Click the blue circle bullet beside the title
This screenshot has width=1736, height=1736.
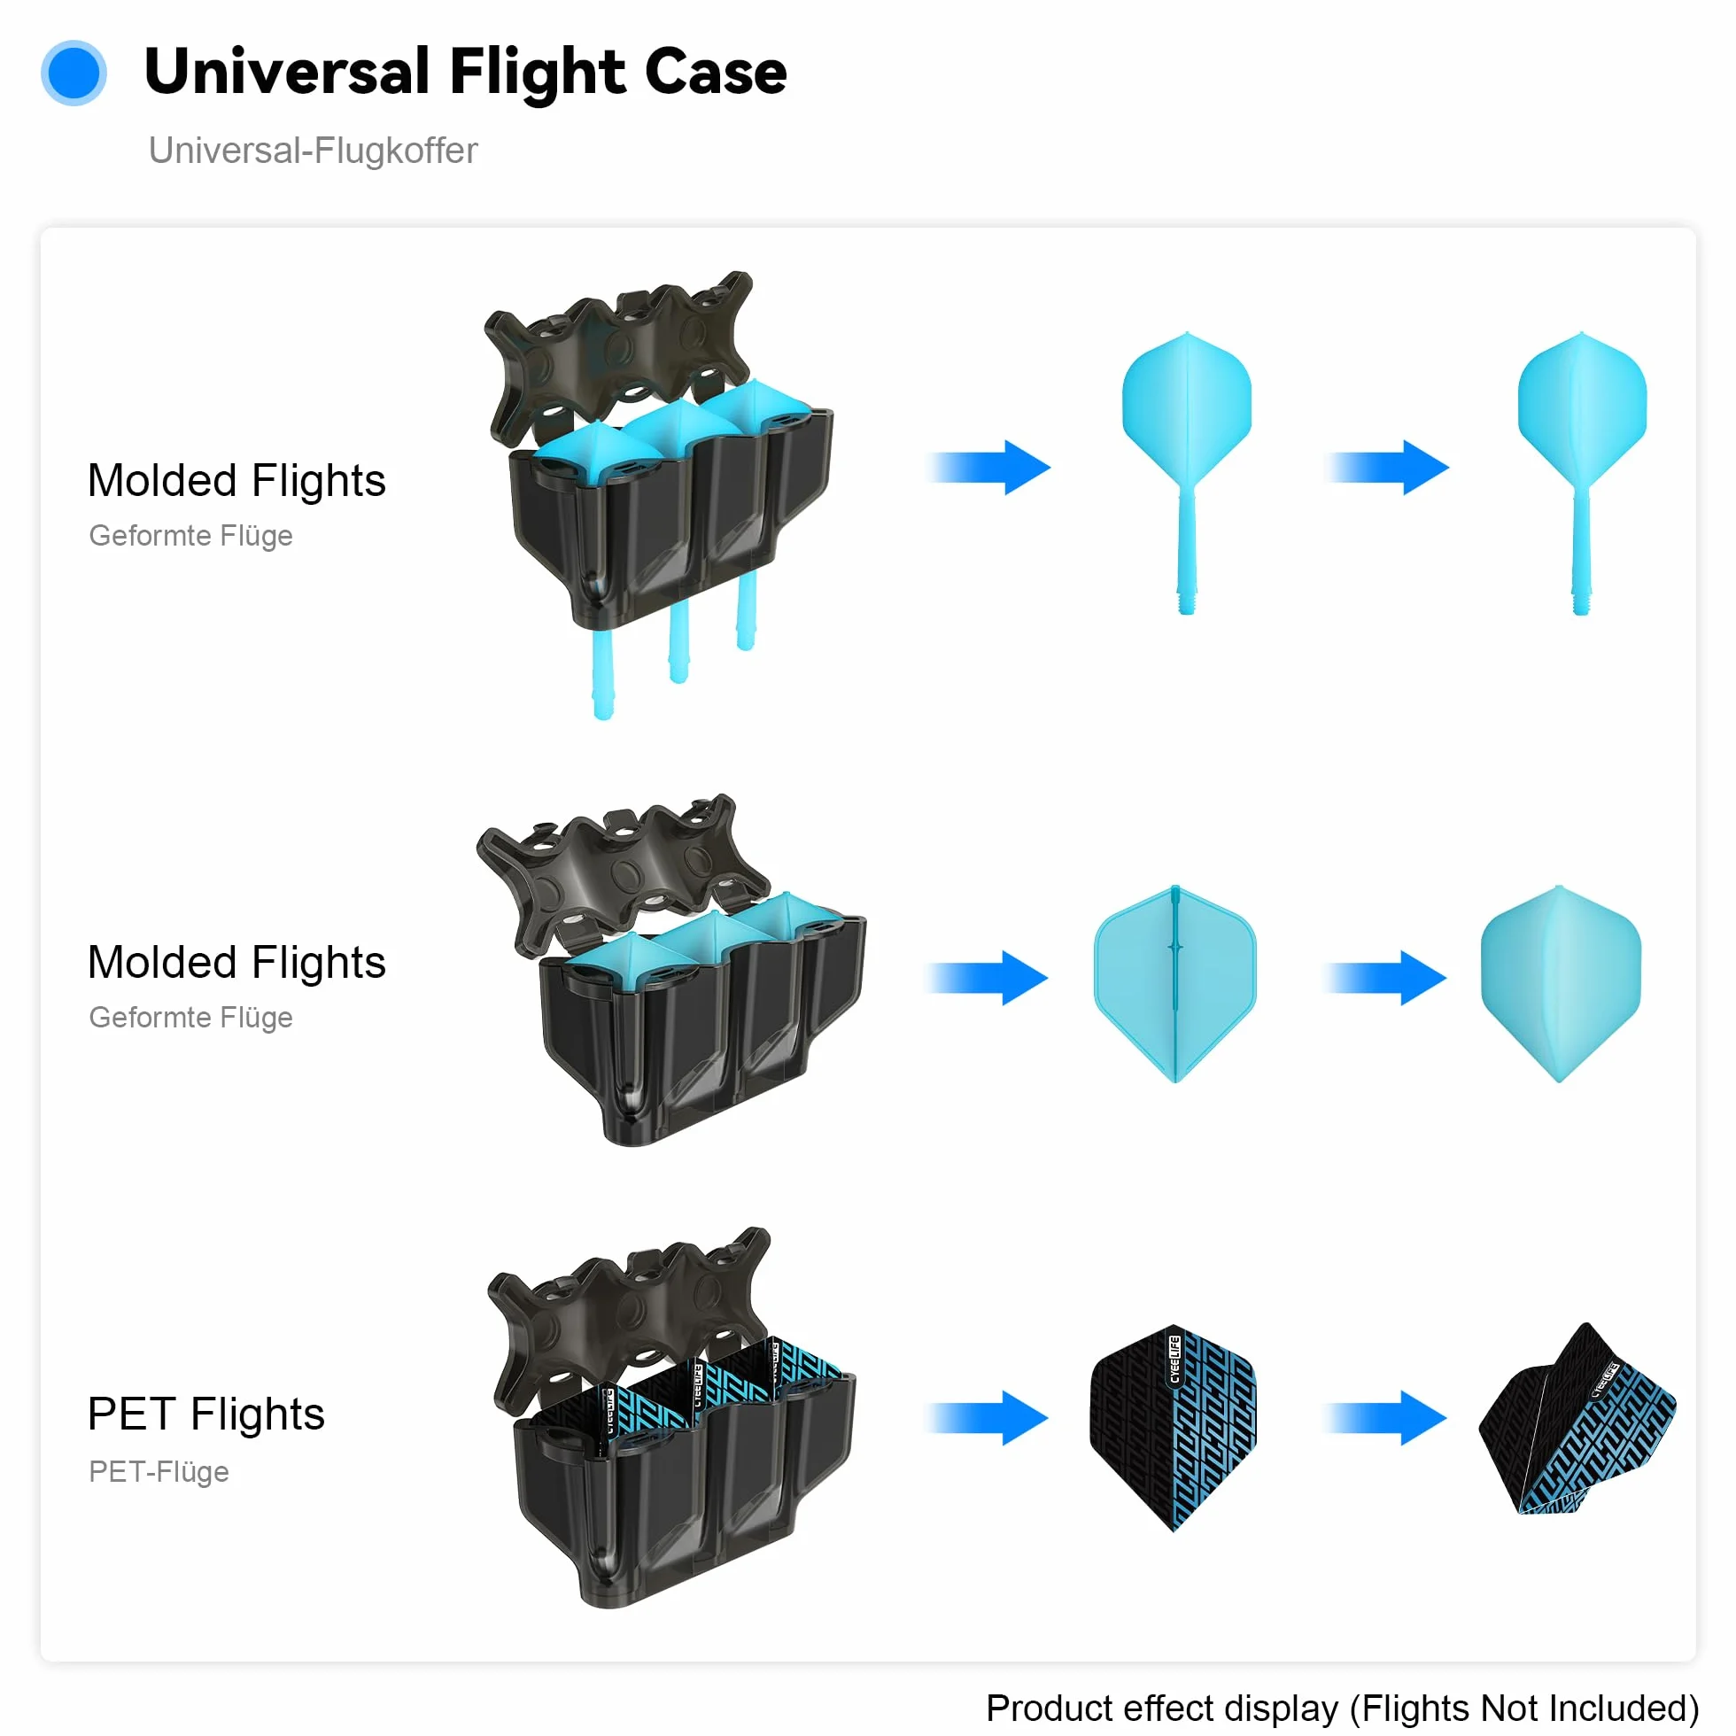[74, 73]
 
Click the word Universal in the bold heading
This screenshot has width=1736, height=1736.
[287, 72]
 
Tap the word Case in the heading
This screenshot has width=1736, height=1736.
[716, 72]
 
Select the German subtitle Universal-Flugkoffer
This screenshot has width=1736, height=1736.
[313, 150]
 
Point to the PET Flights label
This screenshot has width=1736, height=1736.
[205, 1414]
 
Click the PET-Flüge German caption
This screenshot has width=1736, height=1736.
[159, 1472]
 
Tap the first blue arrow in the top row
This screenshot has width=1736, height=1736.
[988, 468]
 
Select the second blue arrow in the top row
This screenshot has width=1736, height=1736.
[1386, 468]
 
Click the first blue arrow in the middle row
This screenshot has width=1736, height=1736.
[987, 978]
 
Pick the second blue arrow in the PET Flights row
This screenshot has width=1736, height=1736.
[1384, 1418]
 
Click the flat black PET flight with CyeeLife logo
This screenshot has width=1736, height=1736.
[1174, 1428]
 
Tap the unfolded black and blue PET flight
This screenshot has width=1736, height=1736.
[1577, 1420]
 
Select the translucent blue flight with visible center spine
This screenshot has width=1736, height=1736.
[1175, 984]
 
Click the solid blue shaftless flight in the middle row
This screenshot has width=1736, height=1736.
[1561, 984]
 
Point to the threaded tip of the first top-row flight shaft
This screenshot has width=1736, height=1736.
[1187, 602]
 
